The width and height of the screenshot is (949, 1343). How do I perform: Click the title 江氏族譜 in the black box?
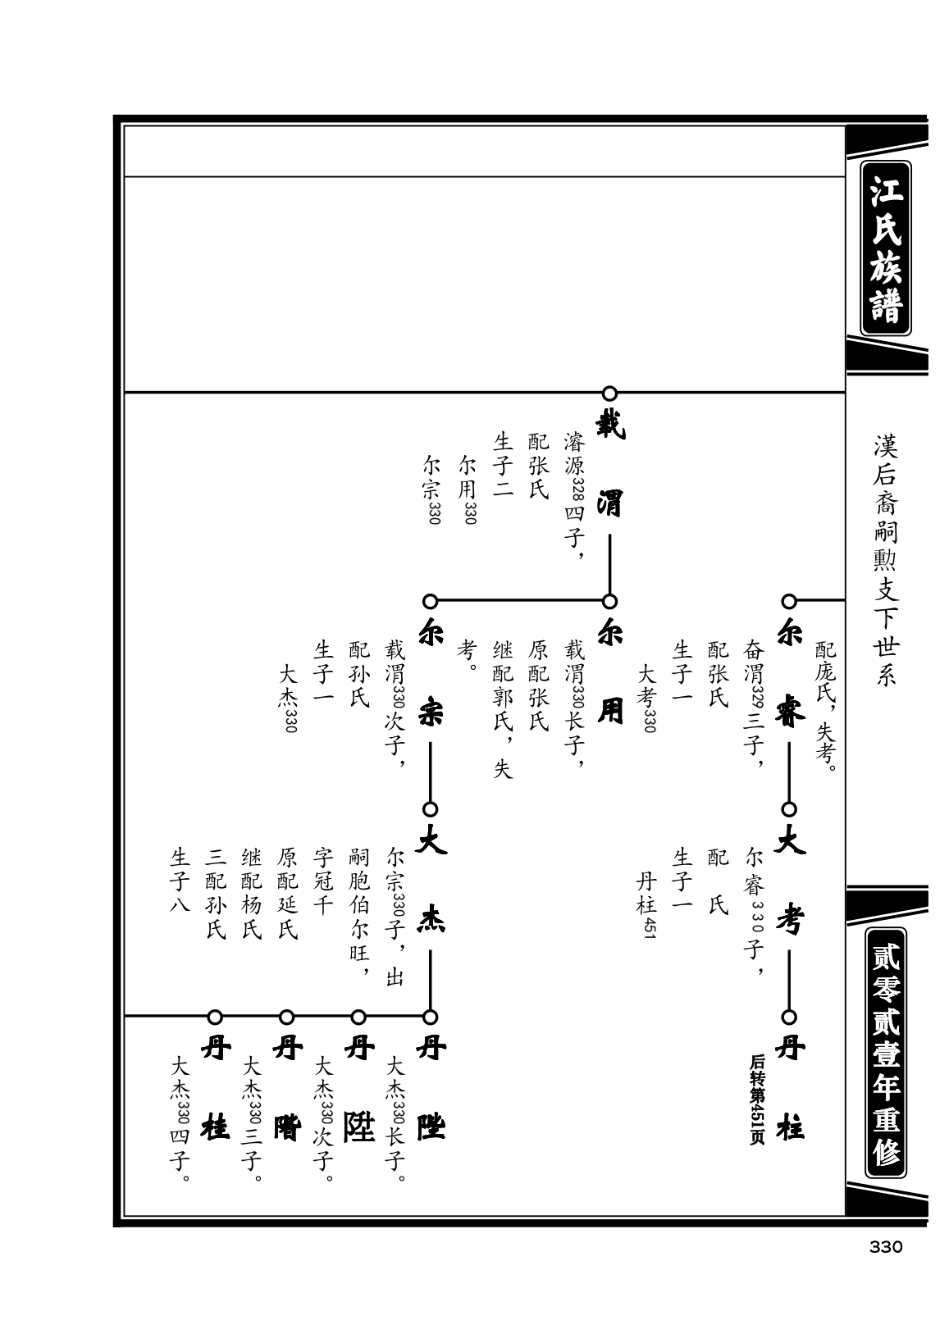885,248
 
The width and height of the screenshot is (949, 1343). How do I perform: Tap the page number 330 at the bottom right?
885,1247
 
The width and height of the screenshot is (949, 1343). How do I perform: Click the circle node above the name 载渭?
609,394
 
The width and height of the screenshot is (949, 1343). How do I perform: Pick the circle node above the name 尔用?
609,601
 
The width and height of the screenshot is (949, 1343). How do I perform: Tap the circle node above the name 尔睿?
789,601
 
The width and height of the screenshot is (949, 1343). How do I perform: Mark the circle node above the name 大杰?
430,808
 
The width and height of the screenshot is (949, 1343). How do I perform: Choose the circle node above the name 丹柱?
789,1017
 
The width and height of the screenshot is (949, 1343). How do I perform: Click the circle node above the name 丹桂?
215,1017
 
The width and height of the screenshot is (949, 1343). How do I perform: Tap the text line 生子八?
180,880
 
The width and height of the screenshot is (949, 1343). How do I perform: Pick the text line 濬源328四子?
574,496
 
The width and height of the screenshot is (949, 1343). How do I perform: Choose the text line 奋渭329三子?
754,703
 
